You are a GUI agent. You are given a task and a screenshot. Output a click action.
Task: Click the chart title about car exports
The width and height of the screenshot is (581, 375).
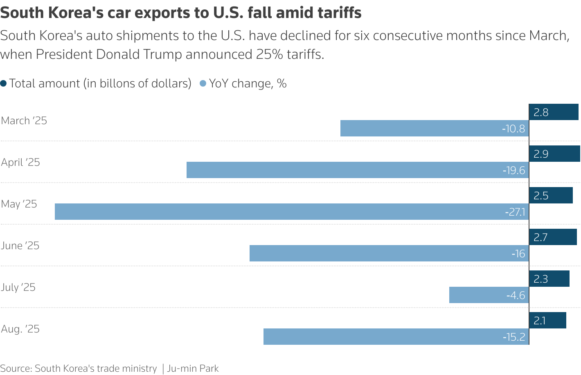point(180,13)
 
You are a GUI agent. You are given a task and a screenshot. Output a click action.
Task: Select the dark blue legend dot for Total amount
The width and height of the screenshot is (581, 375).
point(4,84)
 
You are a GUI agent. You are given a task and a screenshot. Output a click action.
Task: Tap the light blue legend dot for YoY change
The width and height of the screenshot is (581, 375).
point(203,84)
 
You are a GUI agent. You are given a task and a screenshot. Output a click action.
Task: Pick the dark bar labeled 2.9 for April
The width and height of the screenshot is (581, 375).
point(554,154)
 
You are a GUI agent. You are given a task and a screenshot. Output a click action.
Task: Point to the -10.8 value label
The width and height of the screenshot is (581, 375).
point(513,129)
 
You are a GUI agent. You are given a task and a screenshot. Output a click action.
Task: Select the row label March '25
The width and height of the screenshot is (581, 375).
point(24,121)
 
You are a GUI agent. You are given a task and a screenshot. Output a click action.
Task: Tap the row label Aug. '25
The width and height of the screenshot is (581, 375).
point(20,329)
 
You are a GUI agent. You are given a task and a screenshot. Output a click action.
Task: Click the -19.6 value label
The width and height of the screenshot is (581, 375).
point(513,170)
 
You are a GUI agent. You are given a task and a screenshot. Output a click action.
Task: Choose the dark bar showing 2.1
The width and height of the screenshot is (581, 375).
point(547,320)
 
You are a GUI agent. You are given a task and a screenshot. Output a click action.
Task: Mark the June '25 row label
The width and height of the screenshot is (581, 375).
point(20,246)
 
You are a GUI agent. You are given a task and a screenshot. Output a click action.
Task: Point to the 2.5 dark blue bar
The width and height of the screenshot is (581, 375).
point(551,195)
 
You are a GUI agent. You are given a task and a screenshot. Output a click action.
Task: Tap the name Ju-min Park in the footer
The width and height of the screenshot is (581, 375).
point(193,368)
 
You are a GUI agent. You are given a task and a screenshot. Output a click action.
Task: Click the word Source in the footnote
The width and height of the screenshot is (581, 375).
point(16,368)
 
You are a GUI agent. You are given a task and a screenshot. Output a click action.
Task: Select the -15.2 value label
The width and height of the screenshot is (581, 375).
point(513,337)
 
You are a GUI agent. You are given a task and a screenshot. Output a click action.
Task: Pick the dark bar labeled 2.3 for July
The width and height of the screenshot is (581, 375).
point(549,279)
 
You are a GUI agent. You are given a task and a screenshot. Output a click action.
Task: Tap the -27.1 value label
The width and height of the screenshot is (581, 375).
point(515,212)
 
